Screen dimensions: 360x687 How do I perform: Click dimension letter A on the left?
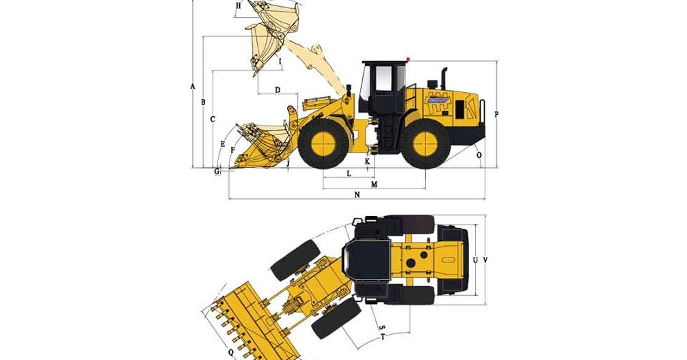click(x=193, y=87)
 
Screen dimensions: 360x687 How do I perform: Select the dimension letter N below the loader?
click(x=357, y=195)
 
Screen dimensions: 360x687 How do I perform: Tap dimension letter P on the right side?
click(x=496, y=115)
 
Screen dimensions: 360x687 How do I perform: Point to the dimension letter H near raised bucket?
click(x=238, y=6)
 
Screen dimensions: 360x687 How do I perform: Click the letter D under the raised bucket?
click(x=277, y=90)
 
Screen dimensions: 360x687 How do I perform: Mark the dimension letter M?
click(x=374, y=185)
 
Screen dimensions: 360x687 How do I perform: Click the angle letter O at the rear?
click(x=479, y=156)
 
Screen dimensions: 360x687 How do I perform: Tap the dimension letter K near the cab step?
click(x=367, y=162)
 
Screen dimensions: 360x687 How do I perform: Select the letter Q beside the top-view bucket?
click(x=230, y=352)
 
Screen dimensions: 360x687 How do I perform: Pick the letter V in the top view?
click(x=485, y=260)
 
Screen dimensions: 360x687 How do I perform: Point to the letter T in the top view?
click(x=383, y=337)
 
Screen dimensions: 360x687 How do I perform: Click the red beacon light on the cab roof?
click(x=408, y=59)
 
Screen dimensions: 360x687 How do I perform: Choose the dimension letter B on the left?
click(x=203, y=102)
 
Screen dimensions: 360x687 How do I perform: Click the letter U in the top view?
click(x=474, y=260)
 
